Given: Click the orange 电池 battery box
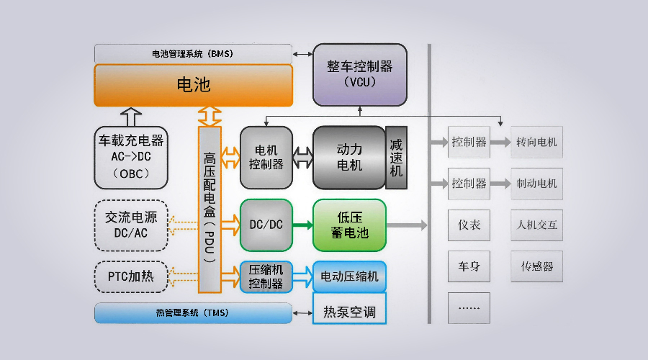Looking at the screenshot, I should (194, 85).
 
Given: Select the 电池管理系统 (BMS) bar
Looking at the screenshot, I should (193, 53).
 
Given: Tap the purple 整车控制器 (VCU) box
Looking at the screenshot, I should (359, 74).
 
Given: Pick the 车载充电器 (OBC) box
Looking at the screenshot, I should (131, 158).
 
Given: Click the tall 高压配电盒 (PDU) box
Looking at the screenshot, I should (209, 209).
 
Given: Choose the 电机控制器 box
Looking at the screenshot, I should (266, 158).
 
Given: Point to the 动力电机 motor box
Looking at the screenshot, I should (349, 158).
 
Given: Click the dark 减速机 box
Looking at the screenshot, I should (396, 158).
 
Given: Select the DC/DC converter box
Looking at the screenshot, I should (266, 225).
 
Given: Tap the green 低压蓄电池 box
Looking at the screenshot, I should (349, 225).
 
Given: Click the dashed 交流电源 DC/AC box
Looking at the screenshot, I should (131, 225).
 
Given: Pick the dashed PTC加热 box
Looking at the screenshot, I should (131, 276).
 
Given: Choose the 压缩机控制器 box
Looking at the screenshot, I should (266, 276).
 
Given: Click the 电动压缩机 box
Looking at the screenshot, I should (349, 276).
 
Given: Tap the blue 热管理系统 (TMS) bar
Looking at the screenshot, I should (193, 313).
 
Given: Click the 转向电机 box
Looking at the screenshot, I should (536, 142).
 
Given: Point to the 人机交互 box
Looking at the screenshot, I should (536, 225).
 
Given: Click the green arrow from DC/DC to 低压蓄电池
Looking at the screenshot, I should (302, 225).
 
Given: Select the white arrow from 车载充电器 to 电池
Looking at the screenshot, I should (131, 115).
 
